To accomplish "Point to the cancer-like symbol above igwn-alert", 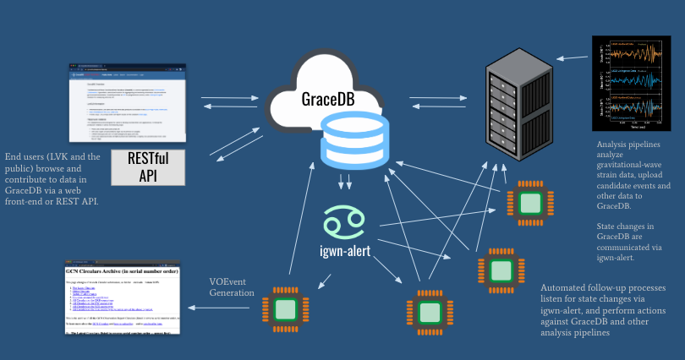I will point(344,221).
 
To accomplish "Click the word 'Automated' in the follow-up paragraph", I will point(566,289).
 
